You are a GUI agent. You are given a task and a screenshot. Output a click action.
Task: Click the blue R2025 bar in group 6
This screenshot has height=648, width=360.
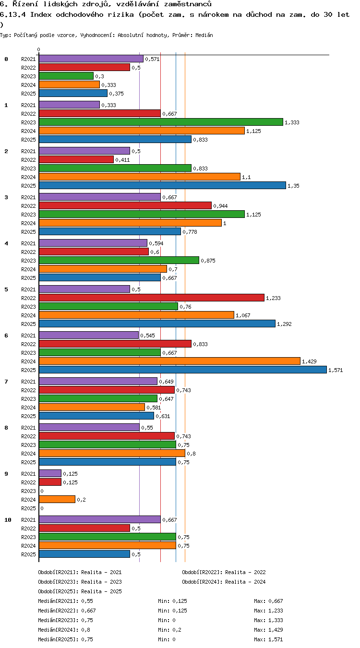182,370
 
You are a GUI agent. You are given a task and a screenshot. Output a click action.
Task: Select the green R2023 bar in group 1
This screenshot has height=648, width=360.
161,122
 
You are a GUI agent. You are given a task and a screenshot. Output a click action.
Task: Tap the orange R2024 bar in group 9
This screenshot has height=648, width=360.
57,499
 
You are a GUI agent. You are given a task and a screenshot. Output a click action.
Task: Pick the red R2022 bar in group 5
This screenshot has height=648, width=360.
151,298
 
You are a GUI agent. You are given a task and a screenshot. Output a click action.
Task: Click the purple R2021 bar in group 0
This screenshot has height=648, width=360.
91,59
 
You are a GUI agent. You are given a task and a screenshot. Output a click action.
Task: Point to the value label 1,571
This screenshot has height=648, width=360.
336,370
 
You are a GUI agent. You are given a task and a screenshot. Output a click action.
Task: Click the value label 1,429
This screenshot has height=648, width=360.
309,361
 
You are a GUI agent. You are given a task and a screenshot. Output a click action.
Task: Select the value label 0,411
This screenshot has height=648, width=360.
122,160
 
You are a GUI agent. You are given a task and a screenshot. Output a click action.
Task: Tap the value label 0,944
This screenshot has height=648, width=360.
220,206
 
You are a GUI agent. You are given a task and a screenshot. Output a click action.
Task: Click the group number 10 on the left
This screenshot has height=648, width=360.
8,520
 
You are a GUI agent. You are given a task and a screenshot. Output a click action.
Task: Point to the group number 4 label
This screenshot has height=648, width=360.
6,243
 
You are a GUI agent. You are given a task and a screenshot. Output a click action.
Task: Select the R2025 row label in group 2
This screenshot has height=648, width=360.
28,186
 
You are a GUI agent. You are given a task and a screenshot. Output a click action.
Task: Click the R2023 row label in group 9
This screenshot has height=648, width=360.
28,491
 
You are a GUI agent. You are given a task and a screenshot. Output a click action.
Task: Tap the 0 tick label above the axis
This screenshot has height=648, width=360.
39,49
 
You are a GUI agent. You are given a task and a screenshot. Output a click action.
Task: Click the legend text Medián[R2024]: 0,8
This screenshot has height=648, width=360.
64,630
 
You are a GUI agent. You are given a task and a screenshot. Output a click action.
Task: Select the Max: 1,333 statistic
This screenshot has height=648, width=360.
268,620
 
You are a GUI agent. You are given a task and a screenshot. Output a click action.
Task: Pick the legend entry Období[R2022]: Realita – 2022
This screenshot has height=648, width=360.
224,572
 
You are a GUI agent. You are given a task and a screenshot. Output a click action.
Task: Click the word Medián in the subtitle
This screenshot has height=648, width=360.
204,36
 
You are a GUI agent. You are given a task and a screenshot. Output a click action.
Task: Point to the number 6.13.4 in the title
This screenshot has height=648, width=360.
13,14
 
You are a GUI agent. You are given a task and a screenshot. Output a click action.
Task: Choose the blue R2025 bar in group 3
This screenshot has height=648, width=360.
109,231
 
